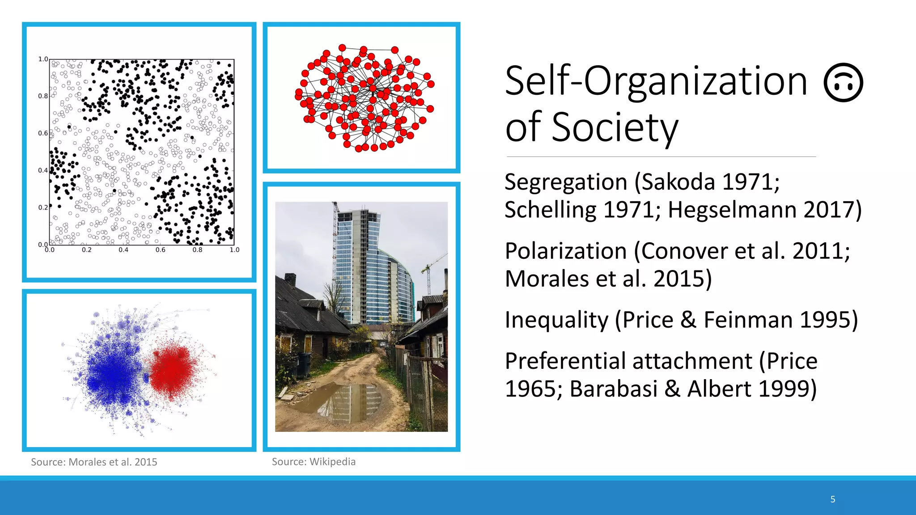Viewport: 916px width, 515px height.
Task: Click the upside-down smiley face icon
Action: tap(843, 83)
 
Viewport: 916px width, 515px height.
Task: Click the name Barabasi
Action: tap(613, 388)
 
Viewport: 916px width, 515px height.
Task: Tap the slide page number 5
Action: tap(833, 499)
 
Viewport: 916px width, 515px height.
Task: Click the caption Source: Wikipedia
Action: tap(314, 462)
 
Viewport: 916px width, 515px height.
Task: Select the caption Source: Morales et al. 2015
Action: tap(94, 462)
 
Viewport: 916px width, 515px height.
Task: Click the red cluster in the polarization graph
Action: tap(172, 369)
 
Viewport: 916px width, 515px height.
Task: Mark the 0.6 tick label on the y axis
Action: tap(43, 133)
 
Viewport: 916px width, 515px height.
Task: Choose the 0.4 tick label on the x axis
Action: tap(123, 250)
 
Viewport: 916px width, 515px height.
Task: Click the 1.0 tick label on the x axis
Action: tap(234, 250)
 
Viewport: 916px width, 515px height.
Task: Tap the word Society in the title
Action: tap(615, 127)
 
